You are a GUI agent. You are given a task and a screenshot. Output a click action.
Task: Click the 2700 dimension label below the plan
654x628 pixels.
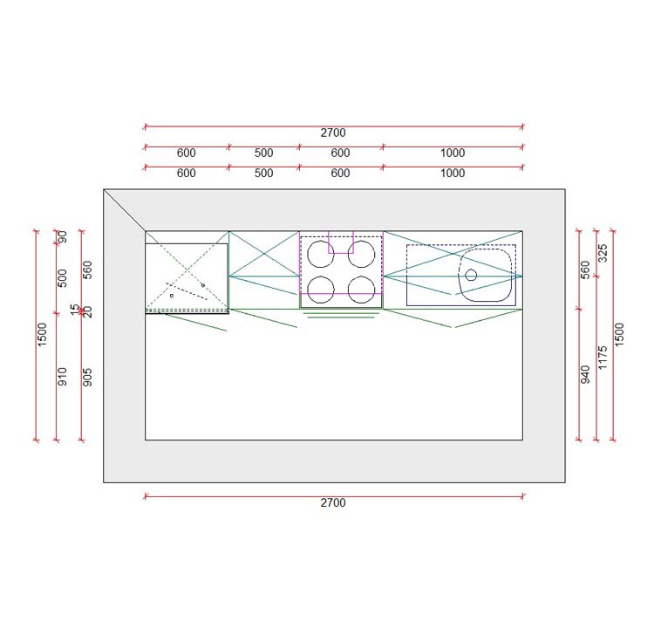click(333, 503)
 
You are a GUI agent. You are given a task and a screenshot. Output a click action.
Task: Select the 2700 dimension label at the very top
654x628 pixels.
click(333, 133)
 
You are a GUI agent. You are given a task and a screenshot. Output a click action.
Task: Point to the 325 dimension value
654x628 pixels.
click(603, 254)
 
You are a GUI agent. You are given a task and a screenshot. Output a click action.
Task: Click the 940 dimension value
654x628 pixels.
click(585, 374)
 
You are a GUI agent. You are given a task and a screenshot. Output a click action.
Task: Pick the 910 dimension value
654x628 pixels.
click(62, 376)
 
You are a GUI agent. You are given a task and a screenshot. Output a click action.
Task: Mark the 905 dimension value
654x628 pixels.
click(86, 376)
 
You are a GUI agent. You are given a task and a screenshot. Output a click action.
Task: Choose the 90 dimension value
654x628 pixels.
click(62, 238)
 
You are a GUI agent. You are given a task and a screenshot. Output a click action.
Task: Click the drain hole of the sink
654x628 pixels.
click(471, 275)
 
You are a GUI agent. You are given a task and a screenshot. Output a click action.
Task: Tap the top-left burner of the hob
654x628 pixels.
click(321, 253)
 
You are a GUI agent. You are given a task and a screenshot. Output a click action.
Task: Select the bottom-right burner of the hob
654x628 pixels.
click(362, 288)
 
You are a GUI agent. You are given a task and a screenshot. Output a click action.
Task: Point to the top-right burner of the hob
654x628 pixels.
click(362, 253)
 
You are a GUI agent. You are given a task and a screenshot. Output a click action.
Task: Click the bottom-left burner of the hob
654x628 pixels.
click(321, 288)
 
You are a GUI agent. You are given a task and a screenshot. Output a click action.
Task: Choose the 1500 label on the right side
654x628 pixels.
click(620, 335)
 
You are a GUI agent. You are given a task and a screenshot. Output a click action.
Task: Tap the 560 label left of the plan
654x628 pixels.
click(86, 270)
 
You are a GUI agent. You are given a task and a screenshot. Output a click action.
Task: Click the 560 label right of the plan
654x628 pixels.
click(585, 270)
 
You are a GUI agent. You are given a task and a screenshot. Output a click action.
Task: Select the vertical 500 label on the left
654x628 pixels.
click(62, 278)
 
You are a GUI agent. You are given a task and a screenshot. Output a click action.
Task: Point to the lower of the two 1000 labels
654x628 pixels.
click(453, 174)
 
